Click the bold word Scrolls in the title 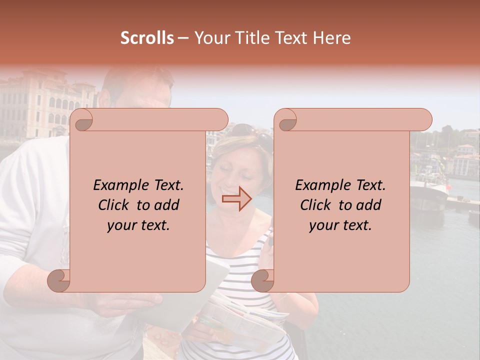(147, 38)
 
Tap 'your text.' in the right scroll (340, 225)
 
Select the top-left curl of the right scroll (285, 120)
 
